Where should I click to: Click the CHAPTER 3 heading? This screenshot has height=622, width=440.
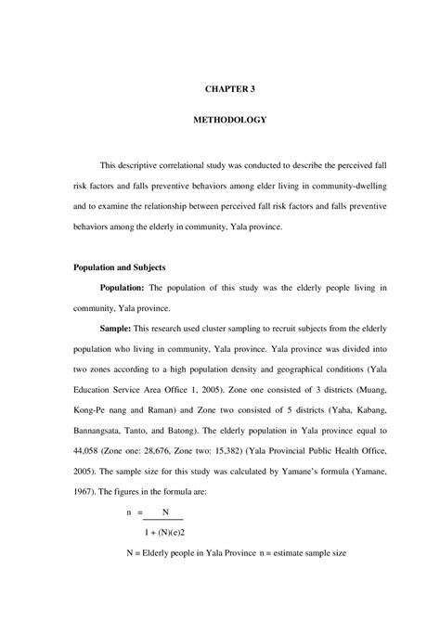tap(229, 89)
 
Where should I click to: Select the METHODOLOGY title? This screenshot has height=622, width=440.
tap(229, 120)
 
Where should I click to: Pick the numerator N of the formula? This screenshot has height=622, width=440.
tap(165, 512)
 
